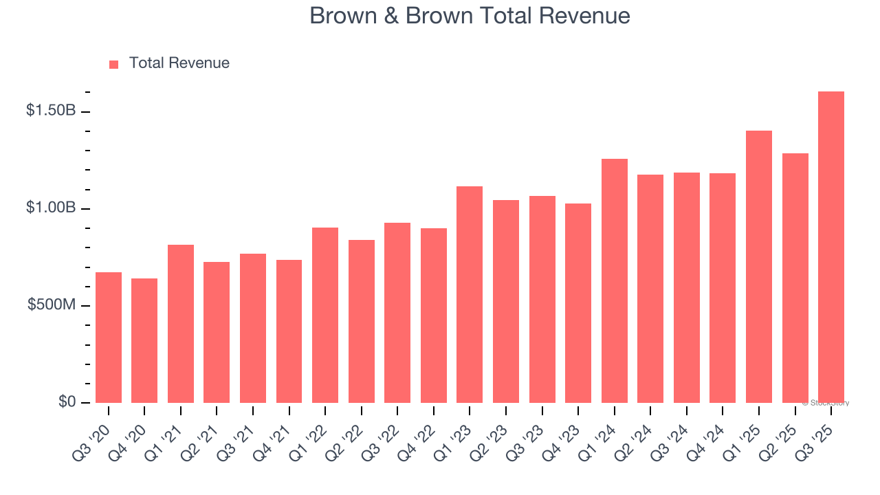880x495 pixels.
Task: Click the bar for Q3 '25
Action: pyautogui.click(x=831, y=247)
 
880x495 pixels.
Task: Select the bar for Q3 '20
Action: pyautogui.click(x=109, y=338)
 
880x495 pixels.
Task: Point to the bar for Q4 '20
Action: pyautogui.click(x=144, y=340)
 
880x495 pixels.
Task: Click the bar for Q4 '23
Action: pyautogui.click(x=578, y=303)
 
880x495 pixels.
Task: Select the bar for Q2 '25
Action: pyautogui.click(x=795, y=278)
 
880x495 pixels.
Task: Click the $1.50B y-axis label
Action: pyautogui.click(x=51, y=111)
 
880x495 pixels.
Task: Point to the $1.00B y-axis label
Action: pyautogui.click(x=51, y=208)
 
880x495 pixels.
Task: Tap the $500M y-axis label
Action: pyautogui.click(x=52, y=305)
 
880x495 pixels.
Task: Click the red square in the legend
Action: pyautogui.click(x=114, y=65)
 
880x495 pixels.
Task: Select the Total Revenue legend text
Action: pyautogui.click(x=179, y=63)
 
